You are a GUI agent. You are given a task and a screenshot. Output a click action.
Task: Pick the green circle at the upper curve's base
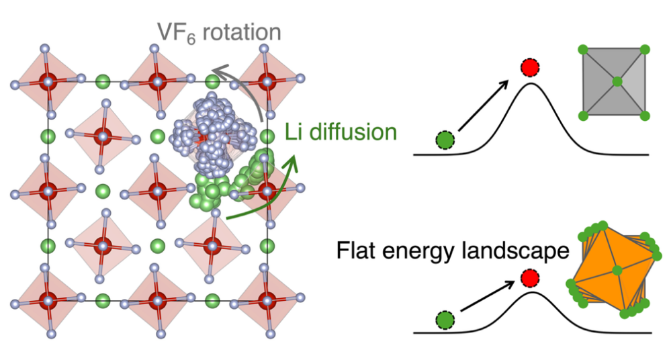(444, 140)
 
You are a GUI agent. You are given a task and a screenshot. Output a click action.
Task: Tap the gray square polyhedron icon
(617, 83)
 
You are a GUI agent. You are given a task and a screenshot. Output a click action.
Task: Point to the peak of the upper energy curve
(531, 84)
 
